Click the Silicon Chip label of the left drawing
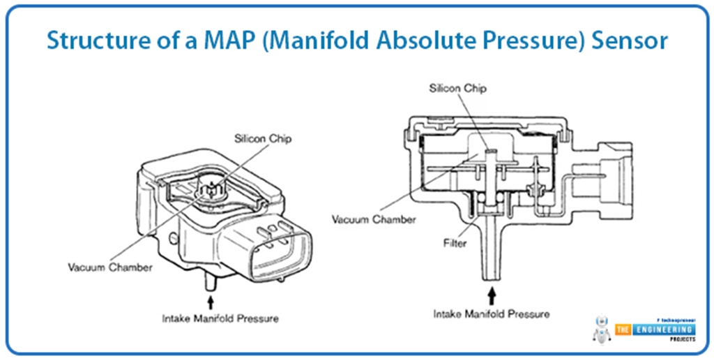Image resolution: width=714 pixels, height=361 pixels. coord(263,138)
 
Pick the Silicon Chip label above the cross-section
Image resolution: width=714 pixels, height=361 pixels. coord(458,89)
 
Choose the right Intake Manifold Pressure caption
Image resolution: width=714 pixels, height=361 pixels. coord(491,314)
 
